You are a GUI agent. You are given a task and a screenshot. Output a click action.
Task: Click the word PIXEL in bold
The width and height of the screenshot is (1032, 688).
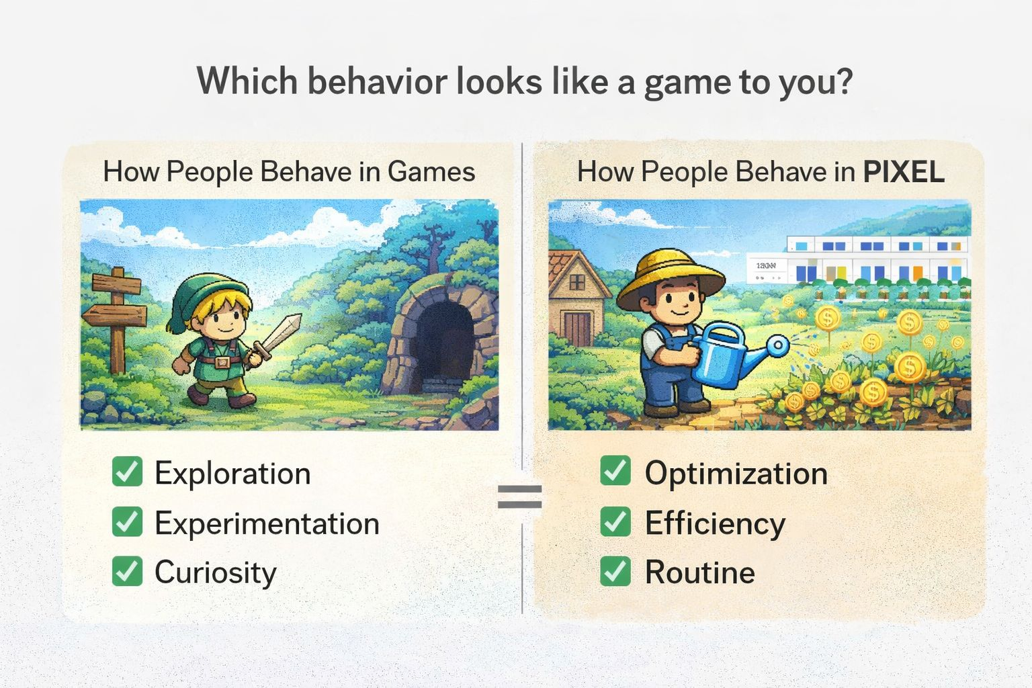coord(904,172)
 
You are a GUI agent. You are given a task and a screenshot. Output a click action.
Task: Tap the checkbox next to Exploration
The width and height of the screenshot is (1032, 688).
coord(127,471)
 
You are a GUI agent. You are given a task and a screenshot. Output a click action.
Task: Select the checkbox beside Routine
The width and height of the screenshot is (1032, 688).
coord(615,571)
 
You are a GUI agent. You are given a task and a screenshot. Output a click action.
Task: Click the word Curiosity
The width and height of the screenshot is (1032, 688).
coord(216,573)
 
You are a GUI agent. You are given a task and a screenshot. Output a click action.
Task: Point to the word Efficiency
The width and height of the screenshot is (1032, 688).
coord(715,523)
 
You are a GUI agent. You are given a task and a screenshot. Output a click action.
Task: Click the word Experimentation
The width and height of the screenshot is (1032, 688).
coord(267,523)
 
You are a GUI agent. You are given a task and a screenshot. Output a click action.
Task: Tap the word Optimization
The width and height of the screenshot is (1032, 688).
coord(736,474)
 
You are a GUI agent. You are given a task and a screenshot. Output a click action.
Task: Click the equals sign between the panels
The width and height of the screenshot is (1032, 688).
coord(519,497)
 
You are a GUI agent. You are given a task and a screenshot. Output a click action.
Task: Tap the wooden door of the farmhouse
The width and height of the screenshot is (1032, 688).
coord(578,328)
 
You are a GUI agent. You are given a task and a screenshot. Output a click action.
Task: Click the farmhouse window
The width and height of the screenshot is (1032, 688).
coord(577,282)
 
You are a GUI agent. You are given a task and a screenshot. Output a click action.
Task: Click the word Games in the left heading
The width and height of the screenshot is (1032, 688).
coord(431,172)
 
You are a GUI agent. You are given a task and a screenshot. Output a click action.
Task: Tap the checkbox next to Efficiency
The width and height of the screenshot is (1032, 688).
coord(615,521)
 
